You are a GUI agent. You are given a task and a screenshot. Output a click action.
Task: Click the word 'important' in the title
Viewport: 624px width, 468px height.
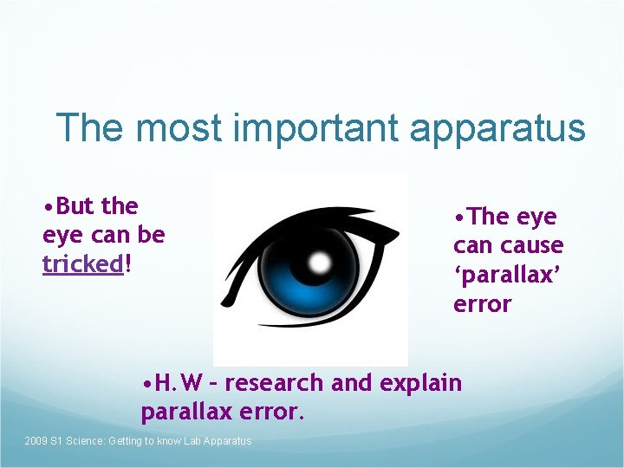[316, 129]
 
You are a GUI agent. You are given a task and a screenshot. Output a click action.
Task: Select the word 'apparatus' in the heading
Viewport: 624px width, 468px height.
[497, 129]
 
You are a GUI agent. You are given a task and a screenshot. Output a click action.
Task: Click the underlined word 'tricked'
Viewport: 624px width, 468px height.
[83, 264]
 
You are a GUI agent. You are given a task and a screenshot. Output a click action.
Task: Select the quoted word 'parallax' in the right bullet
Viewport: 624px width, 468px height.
[508, 275]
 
